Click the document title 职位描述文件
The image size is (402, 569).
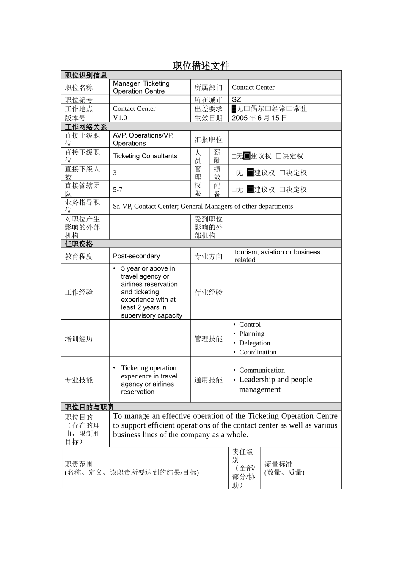[x=201, y=66]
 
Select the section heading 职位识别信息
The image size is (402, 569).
[x=85, y=75]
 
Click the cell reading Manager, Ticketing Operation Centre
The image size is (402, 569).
[x=141, y=87]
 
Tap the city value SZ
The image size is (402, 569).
[x=237, y=99]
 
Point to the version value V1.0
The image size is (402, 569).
[x=120, y=118]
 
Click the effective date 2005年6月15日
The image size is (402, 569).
[x=259, y=118]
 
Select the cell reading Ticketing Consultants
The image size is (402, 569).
[x=145, y=156]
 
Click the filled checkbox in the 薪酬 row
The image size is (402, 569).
[x=247, y=156]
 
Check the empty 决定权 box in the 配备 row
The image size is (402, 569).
[x=282, y=190]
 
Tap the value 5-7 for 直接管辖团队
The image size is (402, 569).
[x=118, y=190]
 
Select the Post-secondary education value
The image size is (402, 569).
[x=136, y=256]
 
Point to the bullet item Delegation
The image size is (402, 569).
[x=254, y=343]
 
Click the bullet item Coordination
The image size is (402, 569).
[x=258, y=352]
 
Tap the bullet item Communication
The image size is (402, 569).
[x=262, y=370]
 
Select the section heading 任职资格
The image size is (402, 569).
[x=79, y=244]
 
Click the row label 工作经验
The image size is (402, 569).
[x=79, y=292]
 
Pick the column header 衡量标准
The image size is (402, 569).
[x=278, y=464]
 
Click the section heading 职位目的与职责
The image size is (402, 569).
[x=89, y=407]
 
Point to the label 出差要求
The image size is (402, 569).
[x=208, y=109]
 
